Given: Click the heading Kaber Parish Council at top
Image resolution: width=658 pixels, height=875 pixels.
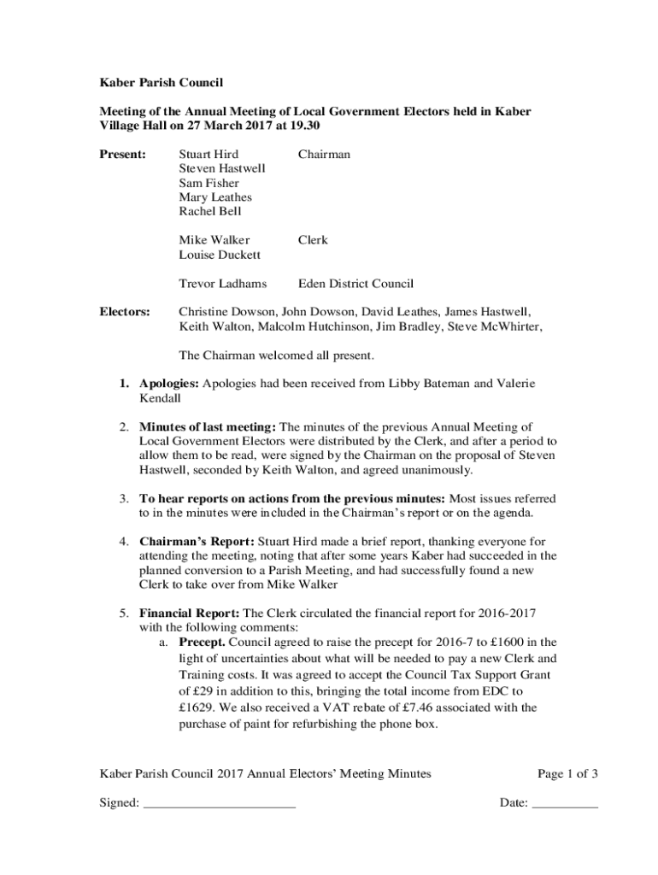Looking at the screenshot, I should [162, 83].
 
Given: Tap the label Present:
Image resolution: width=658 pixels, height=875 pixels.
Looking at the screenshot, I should [123, 155].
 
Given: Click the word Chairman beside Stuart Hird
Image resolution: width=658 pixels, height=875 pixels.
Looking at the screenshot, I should [324, 155].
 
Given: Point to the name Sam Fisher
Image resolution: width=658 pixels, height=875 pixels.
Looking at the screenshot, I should [209, 183].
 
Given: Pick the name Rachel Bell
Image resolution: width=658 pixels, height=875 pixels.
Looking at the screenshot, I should [210, 211].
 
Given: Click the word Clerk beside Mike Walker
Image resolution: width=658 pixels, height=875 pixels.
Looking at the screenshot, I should [313, 240].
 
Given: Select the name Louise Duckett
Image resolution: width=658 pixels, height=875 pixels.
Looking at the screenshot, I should [220, 255].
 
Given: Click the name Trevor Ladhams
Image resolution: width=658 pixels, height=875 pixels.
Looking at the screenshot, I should [222, 284].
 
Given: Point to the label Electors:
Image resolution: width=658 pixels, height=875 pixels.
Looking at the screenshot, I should [126, 312].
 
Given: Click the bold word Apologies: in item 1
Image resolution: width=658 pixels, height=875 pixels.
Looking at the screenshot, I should [169, 384].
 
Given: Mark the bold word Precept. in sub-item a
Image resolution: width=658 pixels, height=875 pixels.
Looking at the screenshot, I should [202, 642].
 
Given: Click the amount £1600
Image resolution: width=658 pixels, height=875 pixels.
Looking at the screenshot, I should [501, 642].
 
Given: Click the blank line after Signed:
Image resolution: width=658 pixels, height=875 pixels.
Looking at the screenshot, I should [219, 802].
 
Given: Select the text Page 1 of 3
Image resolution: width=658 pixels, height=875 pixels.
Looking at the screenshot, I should [567, 774].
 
